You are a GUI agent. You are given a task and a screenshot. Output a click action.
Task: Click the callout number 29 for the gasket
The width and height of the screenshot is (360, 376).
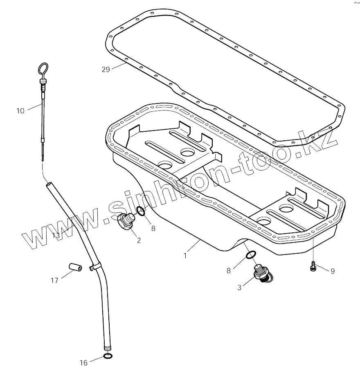click(x=106, y=69)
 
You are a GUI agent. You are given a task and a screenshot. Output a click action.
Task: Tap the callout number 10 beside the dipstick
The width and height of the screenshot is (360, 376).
click(x=20, y=110)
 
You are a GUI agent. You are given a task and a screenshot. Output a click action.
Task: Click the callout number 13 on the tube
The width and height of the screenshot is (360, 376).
click(x=56, y=235)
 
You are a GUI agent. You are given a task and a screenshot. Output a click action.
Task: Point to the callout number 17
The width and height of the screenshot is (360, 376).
click(x=54, y=280)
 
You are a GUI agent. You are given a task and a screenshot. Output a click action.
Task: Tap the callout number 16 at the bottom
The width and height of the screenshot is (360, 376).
click(x=83, y=362)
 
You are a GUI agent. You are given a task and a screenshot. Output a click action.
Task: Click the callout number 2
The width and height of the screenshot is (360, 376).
click(x=139, y=240)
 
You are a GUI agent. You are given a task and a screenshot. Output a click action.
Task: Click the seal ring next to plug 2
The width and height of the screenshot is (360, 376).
click(x=140, y=211)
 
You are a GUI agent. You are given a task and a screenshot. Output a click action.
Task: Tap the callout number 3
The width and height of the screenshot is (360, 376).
click(x=239, y=287)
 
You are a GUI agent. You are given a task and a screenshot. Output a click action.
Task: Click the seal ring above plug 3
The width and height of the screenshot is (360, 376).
click(x=251, y=255)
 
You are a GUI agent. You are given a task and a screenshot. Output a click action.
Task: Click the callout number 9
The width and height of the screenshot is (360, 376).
click(x=332, y=271)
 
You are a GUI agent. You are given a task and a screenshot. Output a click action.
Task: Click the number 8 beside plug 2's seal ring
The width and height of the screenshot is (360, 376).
click(x=153, y=229)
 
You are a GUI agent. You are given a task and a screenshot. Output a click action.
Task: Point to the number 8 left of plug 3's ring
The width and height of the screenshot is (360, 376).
click(x=229, y=270)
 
